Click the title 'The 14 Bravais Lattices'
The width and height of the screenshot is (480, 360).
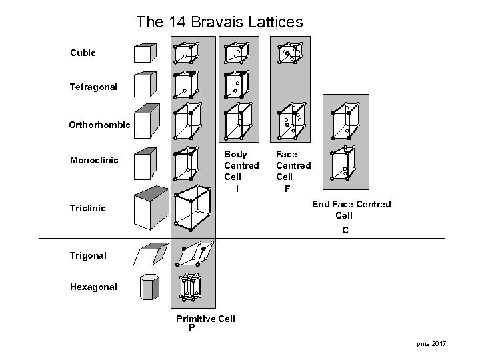coord(219,22)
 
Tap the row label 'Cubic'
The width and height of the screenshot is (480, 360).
coord(83,52)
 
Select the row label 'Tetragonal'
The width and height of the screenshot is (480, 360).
coord(93,87)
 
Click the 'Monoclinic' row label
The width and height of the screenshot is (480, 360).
coord(94,161)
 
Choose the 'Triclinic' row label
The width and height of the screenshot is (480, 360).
coord(88,209)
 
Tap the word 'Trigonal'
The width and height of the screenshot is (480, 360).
coord(87,255)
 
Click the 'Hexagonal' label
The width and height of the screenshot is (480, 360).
coord(93,287)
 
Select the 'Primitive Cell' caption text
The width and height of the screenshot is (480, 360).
coord(205,319)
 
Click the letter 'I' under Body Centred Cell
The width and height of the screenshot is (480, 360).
coord(237,189)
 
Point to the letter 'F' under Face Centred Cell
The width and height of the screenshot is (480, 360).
coord(287,189)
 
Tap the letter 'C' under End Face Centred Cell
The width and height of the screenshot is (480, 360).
coord(345,230)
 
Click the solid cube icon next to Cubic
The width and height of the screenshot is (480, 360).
coord(145,53)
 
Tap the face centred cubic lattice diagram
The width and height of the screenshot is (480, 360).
coord(290,53)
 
